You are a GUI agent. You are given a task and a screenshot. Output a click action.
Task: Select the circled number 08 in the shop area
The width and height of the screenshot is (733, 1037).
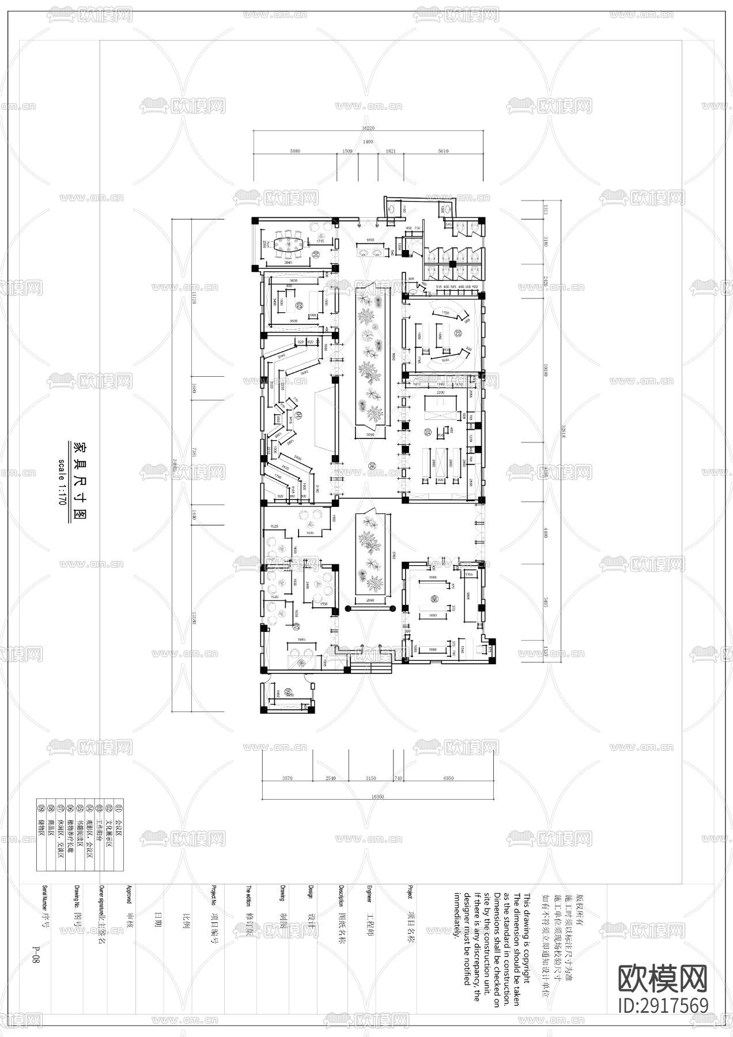pyautogui.click(x=434, y=600)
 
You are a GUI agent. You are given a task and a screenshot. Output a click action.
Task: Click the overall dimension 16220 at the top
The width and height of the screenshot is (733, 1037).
pyautogui.click(x=368, y=128)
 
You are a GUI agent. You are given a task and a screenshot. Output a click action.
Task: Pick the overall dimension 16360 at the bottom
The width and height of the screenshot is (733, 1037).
pyautogui.click(x=377, y=797)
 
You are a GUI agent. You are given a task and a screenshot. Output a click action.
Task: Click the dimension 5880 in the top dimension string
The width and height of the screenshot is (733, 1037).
pyautogui.click(x=295, y=151)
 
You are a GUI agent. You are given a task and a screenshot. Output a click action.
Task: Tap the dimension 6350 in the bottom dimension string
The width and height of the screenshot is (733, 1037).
pyautogui.click(x=448, y=778)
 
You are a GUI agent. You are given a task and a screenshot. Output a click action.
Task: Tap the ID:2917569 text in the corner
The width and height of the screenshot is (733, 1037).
pyautogui.click(x=663, y=1005)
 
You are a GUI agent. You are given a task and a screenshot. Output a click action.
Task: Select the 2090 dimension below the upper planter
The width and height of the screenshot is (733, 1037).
pyautogui.click(x=371, y=435)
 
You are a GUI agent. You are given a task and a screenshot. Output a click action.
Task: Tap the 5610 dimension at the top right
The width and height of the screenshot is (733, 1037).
pyautogui.click(x=443, y=151)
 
